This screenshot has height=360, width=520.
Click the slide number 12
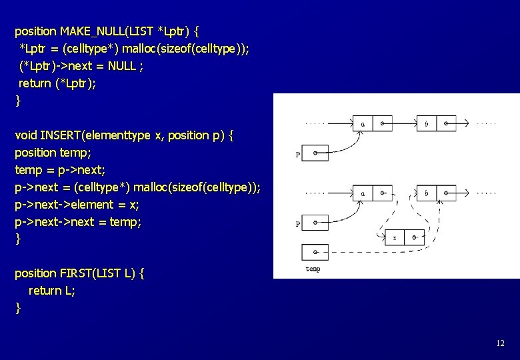point(500,343)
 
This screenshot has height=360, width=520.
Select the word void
point(26,135)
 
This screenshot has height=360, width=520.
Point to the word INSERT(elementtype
point(96,135)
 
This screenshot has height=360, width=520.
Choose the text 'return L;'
point(52,291)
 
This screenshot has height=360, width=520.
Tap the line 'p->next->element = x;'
point(77,204)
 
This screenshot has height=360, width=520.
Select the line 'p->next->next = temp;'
point(78,221)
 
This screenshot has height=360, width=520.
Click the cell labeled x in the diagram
point(395,237)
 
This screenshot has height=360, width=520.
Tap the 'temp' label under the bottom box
point(313,269)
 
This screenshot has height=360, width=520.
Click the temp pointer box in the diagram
point(315,252)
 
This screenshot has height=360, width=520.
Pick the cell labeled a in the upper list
point(363,123)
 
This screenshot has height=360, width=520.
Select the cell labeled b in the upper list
point(427,123)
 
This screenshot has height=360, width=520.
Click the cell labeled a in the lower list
point(363,193)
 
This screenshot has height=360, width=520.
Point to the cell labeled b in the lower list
point(427,193)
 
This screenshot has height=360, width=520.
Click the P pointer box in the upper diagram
point(315,153)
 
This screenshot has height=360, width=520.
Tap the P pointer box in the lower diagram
point(315,222)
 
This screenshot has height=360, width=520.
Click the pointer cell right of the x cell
point(414,237)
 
